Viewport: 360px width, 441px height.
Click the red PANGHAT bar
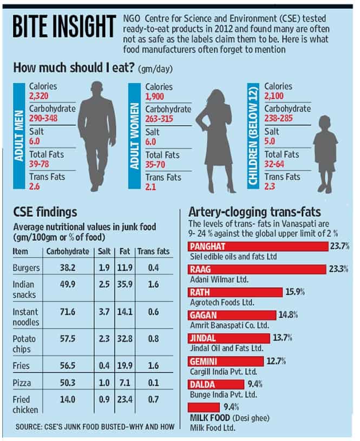258,247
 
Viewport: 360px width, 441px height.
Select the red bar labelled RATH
235,292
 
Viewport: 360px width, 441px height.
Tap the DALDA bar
216,384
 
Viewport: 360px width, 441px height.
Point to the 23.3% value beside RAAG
339,269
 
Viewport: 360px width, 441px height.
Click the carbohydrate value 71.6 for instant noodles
68,312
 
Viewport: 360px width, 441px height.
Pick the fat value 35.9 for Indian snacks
125,284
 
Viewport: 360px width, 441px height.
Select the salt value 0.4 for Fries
104,366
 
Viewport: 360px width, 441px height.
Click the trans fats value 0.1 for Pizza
153,382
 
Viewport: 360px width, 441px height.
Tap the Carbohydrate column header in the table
68,251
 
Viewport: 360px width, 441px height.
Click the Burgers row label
26,268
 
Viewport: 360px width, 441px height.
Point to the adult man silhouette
97,137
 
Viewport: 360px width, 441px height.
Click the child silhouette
325,154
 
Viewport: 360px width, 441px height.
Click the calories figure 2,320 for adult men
39,96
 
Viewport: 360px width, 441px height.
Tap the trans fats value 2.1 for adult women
150,187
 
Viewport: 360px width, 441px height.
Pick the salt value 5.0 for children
270,141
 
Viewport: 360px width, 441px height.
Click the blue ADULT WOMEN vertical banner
134,136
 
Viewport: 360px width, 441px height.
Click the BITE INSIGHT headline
64,27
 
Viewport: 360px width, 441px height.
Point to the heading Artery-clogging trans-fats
254,212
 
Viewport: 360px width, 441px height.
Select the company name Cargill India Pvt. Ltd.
224,372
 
